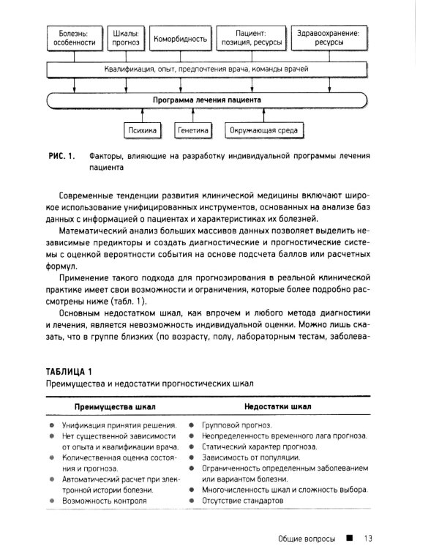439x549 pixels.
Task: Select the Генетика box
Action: pyautogui.click(x=193, y=131)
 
